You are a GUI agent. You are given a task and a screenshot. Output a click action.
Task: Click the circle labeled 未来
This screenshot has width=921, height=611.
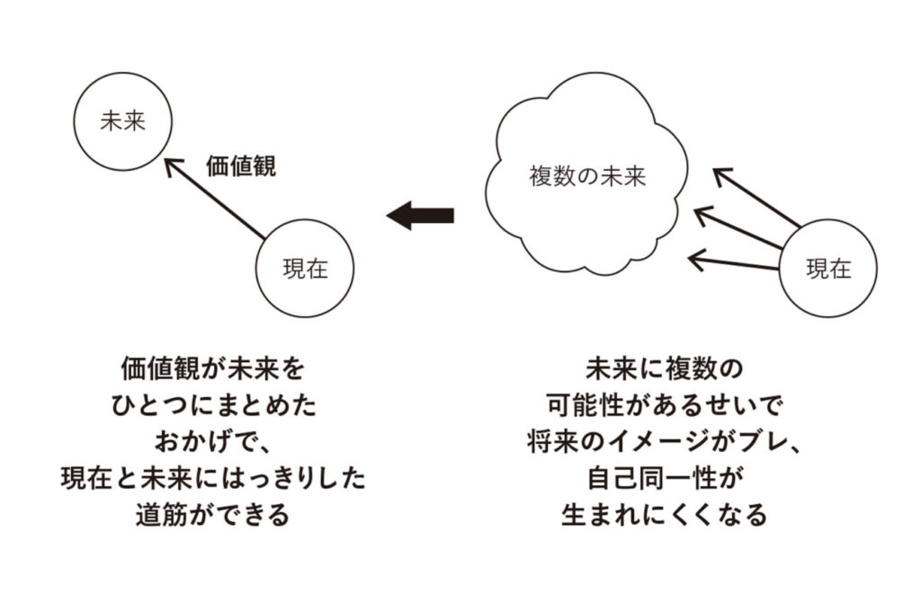[x=122, y=122]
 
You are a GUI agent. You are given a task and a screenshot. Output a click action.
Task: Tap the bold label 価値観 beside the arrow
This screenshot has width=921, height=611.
[x=241, y=167]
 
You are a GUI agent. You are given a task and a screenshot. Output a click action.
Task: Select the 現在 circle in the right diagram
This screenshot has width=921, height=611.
[x=827, y=269]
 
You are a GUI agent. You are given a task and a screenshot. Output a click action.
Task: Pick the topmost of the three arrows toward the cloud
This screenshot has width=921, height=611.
[x=760, y=196]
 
